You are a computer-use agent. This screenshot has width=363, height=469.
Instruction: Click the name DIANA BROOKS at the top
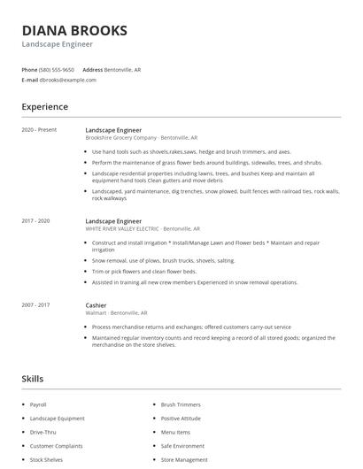tap(74, 30)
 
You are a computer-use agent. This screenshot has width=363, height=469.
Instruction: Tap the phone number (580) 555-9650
tap(58, 69)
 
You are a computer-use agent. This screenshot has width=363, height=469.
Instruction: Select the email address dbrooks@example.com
tap(67, 80)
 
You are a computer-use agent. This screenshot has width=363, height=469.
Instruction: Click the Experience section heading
tap(44, 107)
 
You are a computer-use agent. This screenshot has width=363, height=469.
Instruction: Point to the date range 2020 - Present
tap(39, 130)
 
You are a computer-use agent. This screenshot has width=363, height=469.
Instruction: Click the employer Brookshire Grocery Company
tap(121, 138)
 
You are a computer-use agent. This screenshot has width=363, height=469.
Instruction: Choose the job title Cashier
tap(97, 304)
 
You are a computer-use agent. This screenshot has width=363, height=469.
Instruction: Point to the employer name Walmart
tap(97, 312)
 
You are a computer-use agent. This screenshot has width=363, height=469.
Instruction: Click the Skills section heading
tap(32, 379)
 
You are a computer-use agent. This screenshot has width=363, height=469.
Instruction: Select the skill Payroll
tap(39, 404)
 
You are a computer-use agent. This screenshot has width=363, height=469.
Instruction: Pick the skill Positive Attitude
tap(181, 419)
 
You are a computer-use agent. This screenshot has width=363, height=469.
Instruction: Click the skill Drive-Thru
tap(43, 432)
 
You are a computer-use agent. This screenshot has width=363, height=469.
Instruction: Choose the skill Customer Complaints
tap(55, 446)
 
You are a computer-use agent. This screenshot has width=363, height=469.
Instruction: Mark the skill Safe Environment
tap(182, 446)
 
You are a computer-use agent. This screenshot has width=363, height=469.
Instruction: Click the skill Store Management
tap(184, 460)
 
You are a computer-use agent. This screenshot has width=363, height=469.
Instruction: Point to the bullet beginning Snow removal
tap(164, 261)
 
